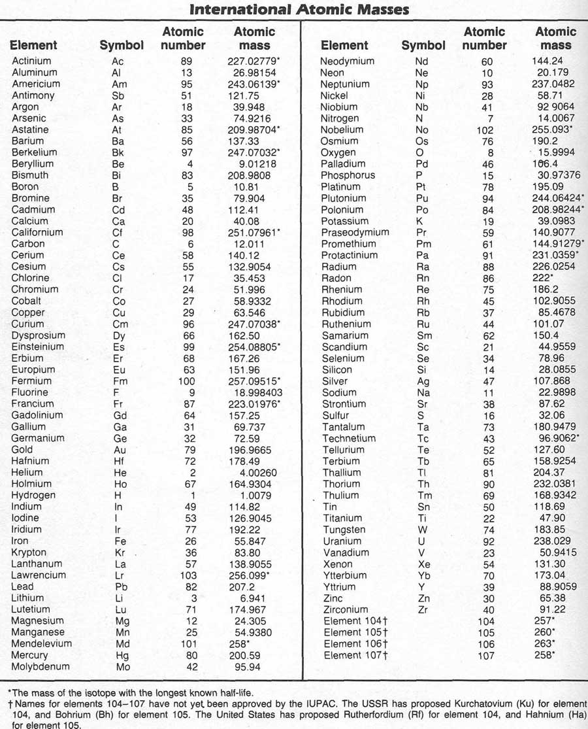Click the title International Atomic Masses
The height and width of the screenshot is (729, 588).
[299, 9]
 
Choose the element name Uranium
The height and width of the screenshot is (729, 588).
[342, 541]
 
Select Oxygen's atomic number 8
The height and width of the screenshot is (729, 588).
[487, 152]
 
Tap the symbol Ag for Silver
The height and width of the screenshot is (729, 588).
[423, 381]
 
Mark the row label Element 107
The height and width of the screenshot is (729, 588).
[356, 655]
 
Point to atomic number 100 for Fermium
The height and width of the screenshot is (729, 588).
[187, 381]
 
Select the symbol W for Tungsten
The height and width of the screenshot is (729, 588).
[421, 530]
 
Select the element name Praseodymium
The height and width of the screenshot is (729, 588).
[355, 232]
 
